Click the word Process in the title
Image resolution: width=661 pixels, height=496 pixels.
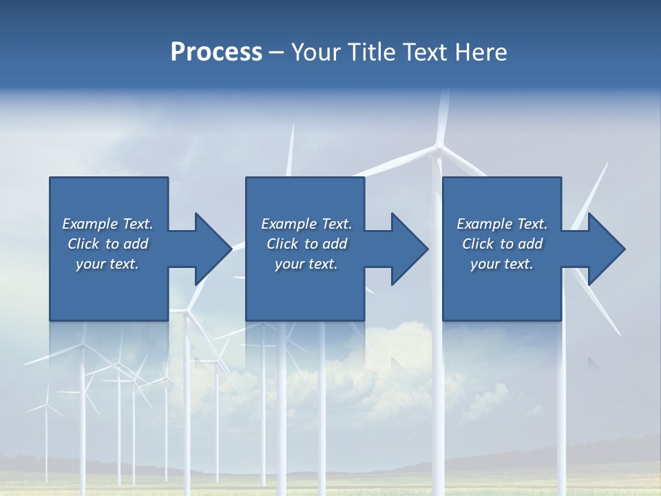[x=216, y=52]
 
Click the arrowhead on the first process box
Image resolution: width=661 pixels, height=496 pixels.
[x=213, y=249]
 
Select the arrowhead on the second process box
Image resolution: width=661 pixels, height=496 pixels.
[x=410, y=249]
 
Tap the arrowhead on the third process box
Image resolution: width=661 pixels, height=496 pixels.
[x=607, y=249]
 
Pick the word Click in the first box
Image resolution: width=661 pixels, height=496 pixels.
[x=83, y=244]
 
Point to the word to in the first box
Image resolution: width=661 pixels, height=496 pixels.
[x=113, y=244]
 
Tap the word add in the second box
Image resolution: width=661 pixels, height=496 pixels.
[x=335, y=244]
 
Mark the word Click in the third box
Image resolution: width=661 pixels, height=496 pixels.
[x=478, y=244]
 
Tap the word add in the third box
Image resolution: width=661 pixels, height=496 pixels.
[x=530, y=244]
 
